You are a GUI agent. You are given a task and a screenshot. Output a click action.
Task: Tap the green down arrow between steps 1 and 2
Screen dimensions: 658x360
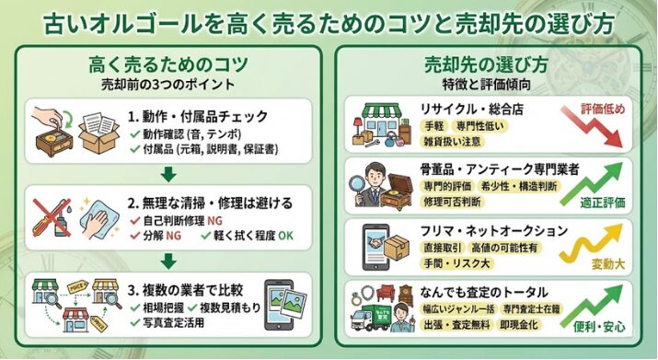167,175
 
